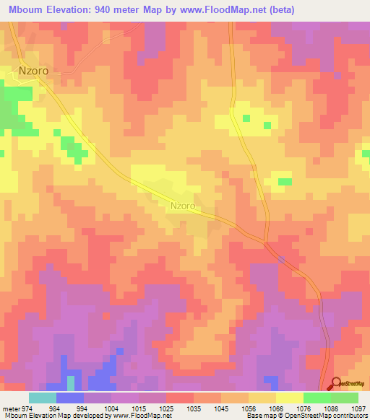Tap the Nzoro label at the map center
pyautogui.click(x=183, y=206)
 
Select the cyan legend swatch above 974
pyautogui.click(x=43, y=398)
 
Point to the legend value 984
pyautogui.click(x=54, y=408)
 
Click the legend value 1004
pyautogui.click(x=111, y=408)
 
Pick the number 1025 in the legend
pyautogui.click(x=165, y=408)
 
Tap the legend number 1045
pyautogui.click(x=221, y=408)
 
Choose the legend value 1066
pyautogui.click(x=276, y=408)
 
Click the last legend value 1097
pyautogui.click(x=358, y=408)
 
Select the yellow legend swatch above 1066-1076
pyautogui.click(x=290, y=398)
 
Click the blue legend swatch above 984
pyautogui.click(x=70, y=398)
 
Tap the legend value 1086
pyautogui.click(x=331, y=408)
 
